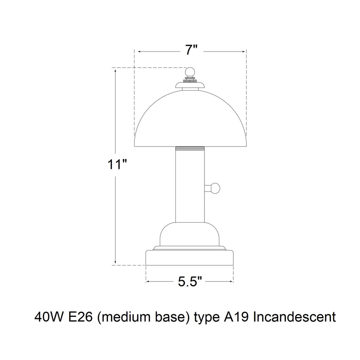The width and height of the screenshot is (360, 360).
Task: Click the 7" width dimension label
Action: pos(192,50)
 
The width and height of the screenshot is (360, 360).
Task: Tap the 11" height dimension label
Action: pos(117,165)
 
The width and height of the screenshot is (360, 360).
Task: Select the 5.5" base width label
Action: pos(190,282)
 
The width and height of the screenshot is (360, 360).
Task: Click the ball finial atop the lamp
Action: pos(190,72)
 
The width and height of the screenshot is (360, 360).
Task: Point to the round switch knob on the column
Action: pos(215,188)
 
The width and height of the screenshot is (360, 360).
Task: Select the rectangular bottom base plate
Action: pos(190,258)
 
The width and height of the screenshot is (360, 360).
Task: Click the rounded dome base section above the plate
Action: pos(190,234)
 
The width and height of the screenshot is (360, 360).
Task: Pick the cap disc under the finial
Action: pos(190,85)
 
